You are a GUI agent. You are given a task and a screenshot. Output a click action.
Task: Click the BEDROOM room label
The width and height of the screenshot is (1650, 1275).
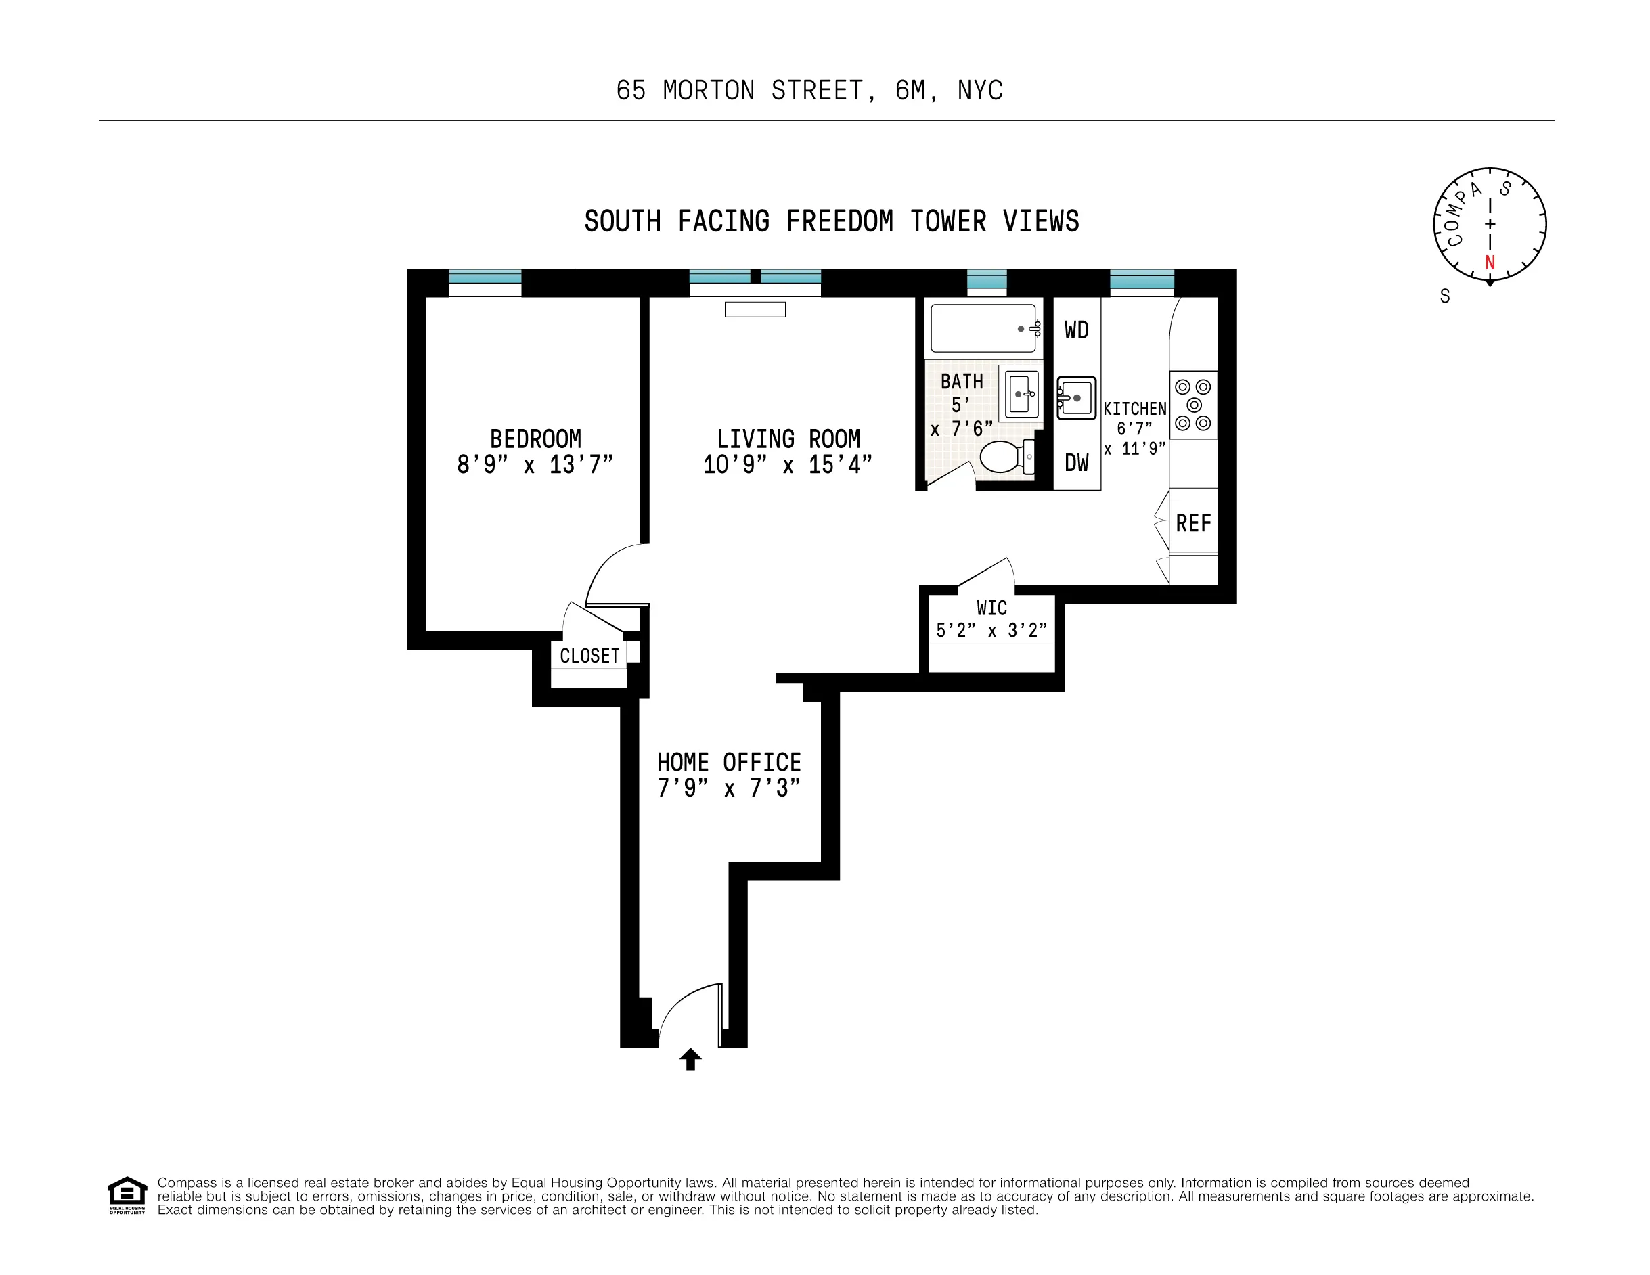[x=535, y=439]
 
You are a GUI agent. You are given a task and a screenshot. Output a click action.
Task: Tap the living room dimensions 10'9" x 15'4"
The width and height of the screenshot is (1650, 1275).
[x=787, y=464]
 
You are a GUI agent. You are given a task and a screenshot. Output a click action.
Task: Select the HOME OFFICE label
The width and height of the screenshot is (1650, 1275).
[x=728, y=762]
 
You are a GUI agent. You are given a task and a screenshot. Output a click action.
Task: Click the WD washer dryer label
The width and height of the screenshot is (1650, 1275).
[x=1076, y=330]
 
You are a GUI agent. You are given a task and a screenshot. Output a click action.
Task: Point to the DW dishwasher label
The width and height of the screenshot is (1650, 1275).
[x=1076, y=463]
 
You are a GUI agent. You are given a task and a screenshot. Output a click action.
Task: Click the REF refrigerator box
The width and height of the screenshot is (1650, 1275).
[x=1193, y=522]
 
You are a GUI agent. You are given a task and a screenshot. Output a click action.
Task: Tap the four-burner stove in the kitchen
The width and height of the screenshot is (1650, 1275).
[x=1193, y=405]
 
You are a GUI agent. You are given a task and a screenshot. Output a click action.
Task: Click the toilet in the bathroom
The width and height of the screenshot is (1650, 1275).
[x=1002, y=457]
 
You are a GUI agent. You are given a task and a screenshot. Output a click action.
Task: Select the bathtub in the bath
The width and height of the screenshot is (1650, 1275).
[x=983, y=328]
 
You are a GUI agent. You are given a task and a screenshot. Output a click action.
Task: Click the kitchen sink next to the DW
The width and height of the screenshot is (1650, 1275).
[x=1076, y=397]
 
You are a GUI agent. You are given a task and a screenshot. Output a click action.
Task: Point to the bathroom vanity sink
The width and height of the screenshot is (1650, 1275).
[x=1019, y=393]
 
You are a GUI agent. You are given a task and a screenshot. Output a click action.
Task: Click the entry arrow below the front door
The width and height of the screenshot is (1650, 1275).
[x=690, y=1059]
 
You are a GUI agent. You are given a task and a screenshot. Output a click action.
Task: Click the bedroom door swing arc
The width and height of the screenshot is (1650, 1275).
[x=613, y=572]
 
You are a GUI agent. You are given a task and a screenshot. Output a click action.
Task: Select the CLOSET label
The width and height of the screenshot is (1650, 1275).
[x=589, y=656]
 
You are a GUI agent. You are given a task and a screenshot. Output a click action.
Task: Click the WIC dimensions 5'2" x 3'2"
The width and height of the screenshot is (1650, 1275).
[x=991, y=631]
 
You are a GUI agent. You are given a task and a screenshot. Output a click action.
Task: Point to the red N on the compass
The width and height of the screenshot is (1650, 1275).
[x=1489, y=263]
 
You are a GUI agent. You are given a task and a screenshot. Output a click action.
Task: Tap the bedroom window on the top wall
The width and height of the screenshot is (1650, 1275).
[x=485, y=278]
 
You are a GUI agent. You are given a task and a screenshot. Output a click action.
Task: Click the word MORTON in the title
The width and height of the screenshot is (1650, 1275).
[x=708, y=91]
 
